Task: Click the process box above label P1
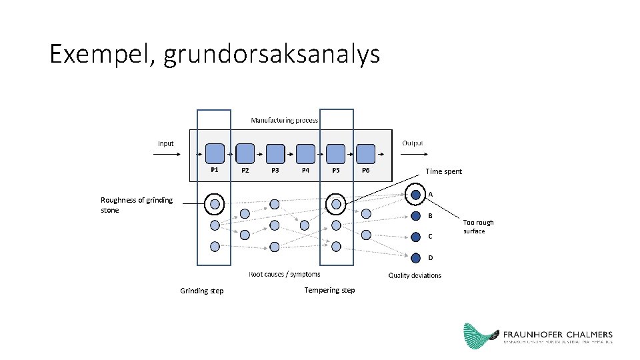pyautogui.click(x=215, y=154)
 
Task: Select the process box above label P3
pyautogui.click(x=275, y=154)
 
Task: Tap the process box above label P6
pyautogui.click(x=366, y=154)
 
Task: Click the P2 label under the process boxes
pyautogui.click(x=245, y=171)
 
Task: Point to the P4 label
pyautogui.click(x=305, y=171)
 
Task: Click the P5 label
pyautogui.click(x=336, y=171)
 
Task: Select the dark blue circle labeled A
pyautogui.click(x=415, y=195)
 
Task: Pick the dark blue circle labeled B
pyautogui.click(x=415, y=215)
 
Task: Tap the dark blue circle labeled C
pyautogui.click(x=415, y=237)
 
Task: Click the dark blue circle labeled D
pyautogui.click(x=415, y=257)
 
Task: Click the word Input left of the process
pyautogui.click(x=166, y=143)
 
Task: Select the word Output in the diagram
pyautogui.click(x=413, y=143)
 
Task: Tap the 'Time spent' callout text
pyautogui.click(x=443, y=172)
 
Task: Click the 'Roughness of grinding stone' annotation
pyautogui.click(x=136, y=205)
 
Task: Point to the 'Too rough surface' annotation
pyautogui.click(x=478, y=227)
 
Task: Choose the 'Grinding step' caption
pyautogui.click(x=202, y=291)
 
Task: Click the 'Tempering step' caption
pyautogui.click(x=329, y=290)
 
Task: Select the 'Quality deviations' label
pyautogui.click(x=415, y=275)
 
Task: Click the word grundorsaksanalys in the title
pyautogui.click(x=271, y=54)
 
